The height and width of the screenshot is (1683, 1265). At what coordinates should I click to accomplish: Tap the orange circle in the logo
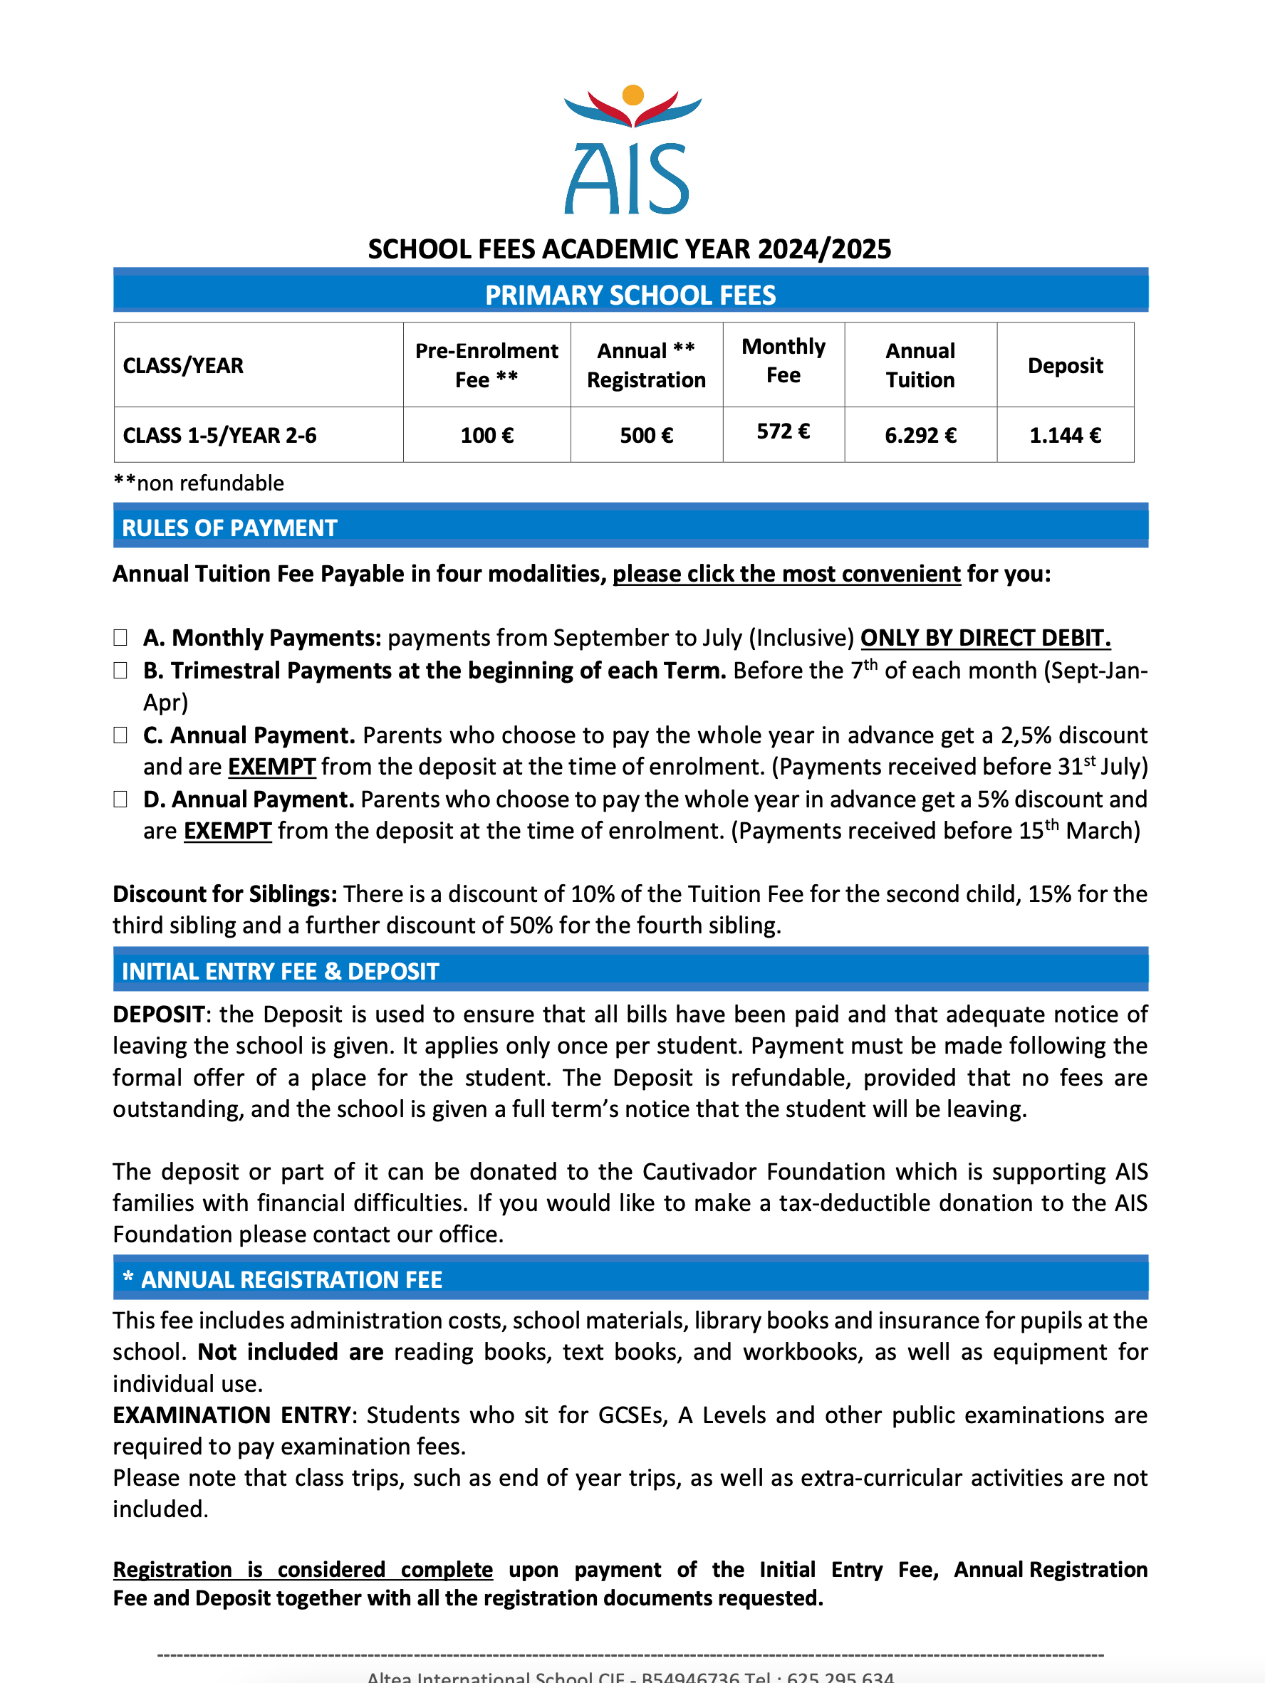point(632,95)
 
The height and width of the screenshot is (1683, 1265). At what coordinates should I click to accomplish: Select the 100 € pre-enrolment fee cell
point(486,435)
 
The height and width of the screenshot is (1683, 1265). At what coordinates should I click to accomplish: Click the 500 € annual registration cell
point(646,435)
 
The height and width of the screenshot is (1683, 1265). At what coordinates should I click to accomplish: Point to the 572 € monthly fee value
point(783,431)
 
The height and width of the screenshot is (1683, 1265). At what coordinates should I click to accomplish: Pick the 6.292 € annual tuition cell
point(920,435)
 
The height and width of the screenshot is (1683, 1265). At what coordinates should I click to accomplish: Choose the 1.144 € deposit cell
point(1065,435)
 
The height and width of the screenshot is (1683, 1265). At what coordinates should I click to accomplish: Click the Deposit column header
point(1065,365)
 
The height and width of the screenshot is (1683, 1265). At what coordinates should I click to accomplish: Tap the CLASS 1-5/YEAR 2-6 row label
point(219,435)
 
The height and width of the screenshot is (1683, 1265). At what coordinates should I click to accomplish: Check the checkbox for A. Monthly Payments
point(120,638)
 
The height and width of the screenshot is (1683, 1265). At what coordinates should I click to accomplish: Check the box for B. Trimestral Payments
point(120,671)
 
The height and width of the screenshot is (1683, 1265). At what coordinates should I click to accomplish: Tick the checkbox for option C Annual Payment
point(120,735)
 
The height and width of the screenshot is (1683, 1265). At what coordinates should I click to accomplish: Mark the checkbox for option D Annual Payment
point(120,799)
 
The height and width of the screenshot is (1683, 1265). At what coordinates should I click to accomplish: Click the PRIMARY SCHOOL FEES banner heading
point(630,295)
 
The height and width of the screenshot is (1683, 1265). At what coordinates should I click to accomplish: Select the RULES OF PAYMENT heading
point(229,528)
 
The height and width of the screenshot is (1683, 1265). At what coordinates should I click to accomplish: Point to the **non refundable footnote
point(199,483)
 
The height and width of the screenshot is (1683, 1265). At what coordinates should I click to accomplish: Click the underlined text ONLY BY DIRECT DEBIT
point(985,638)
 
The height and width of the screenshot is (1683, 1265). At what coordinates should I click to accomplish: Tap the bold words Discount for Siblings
point(224,893)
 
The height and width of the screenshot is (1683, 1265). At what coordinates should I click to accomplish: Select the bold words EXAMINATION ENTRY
point(231,1415)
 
